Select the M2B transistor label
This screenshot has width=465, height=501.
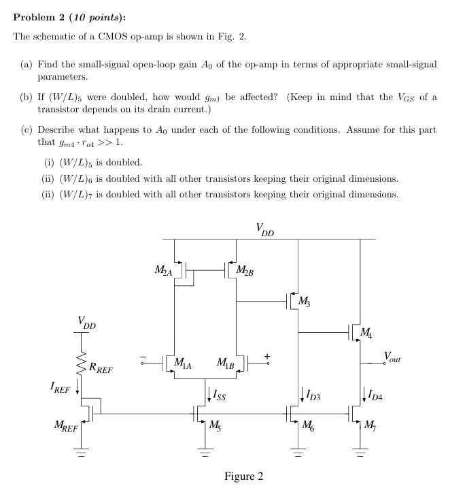(x=245, y=272)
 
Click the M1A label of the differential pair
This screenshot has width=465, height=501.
(x=183, y=363)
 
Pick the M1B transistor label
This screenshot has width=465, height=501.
(x=226, y=363)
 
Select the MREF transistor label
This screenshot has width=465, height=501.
(x=65, y=427)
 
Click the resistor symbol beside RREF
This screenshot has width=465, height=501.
(x=80, y=368)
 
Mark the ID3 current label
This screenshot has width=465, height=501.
(x=313, y=393)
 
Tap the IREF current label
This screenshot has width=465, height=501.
(x=60, y=389)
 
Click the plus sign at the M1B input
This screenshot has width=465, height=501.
(x=267, y=355)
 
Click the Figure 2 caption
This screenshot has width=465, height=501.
(x=243, y=476)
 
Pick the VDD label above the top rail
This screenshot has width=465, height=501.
(x=265, y=229)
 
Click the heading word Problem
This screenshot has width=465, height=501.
(x=35, y=17)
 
